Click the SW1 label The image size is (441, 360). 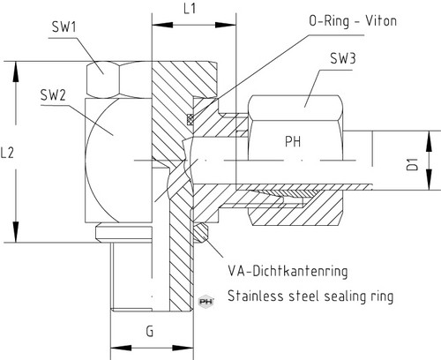coord(64,26)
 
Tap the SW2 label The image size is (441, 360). coord(53,95)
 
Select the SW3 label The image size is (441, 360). coord(343,58)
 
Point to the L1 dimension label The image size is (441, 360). coord(190,9)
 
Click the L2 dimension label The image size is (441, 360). coord(7,153)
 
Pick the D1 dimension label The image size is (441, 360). coord(413,164)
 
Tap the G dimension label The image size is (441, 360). coord(150,332)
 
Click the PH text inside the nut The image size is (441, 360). coord(293,141)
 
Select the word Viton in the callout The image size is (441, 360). coord(381,21)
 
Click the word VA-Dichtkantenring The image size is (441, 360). coord(288,271)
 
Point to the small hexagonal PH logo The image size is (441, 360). coord(206,302)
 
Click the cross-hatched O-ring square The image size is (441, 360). coord(191,118)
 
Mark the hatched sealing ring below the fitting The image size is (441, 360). coord(200,232)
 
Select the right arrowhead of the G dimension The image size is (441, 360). coord(183,349)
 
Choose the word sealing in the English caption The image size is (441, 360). coord(345,296)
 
